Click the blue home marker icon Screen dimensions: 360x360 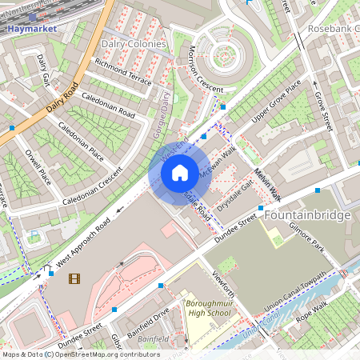click(180, 172)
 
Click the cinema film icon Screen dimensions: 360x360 click(74, 278)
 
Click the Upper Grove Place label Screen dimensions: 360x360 click(276, 103)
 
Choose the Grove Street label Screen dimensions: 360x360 click(322, 111)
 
